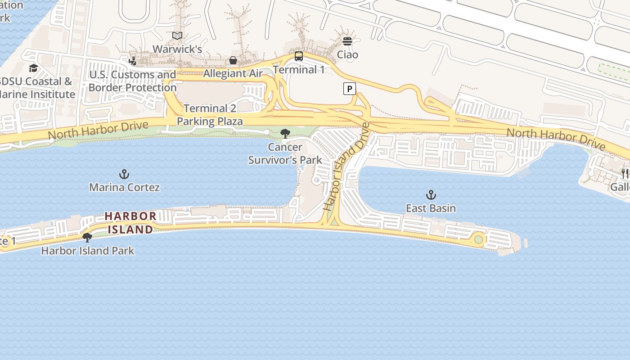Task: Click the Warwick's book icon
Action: [x=177, y=36]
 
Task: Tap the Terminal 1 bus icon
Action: [x=299, y=56]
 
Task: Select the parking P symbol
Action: [x=350, y=89]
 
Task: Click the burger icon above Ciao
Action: [x=347, y=41]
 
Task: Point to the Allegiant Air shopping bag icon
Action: [x=233, y=60]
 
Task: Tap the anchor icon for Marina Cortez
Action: [x=124, y=174]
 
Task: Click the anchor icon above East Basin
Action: [x=431, y=195]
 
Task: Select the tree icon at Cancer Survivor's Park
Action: [x=285, y=133]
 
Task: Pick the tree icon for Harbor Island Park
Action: [x=87, y=237]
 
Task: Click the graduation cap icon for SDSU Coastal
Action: [x=33, y=68]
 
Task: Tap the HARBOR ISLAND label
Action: [x=130, y=223]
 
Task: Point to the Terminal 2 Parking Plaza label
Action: [x=210, y=115]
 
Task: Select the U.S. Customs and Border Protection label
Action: [x=132, y=81]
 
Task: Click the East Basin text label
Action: [x=431, y=208]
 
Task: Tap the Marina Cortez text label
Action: [x=124, y=187]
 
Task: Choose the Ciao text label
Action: [x=348, y=55]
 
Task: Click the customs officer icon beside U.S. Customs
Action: [x=132, y=61]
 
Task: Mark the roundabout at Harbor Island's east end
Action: [x=478, y=239]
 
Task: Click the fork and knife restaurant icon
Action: [x=625, y=173]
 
